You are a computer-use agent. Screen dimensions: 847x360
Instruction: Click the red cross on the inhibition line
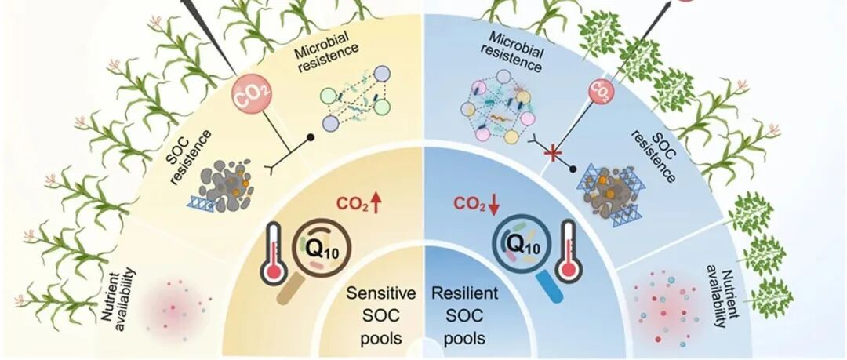555,154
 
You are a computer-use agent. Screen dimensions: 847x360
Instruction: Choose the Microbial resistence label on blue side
514,53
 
